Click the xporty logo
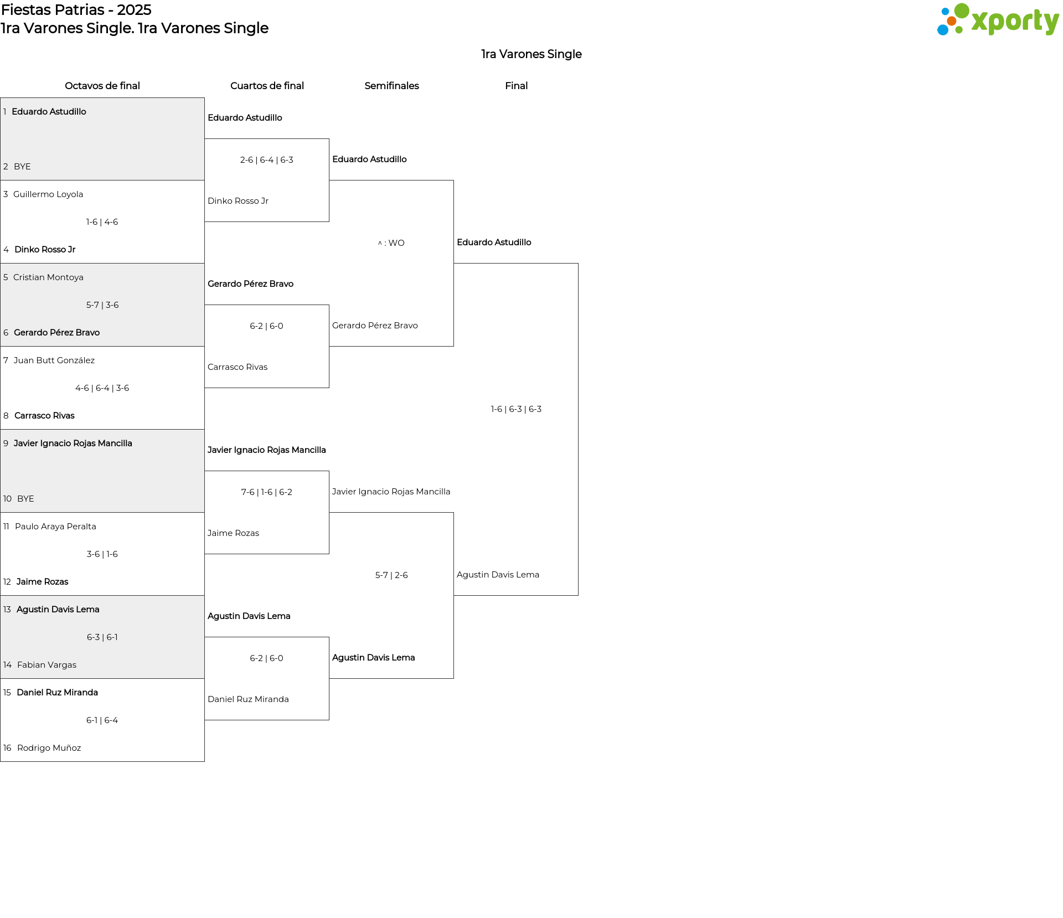pyautogui.click(x=998, y=20)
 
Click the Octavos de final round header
pyautogui.click(x=102, y=86)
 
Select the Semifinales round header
pyautogui.click(x=391, y=86)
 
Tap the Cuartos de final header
pyautogui.click(x=267, y=86)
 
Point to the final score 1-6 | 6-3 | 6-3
pyautogui.click(x=516, y=409)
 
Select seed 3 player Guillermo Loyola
pyautogui.click(x=48, y=194)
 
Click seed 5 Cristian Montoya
pyautogui.click(x=48, y=277)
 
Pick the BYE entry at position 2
pyautogui.click(x=22, y=167)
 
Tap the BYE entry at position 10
pyautogui.click(x=25, y=499)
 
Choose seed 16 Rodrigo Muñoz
pyautogui.click(x=49, y=748)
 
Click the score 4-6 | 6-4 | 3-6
pyautogui.click(x=102, y=388)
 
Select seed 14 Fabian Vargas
pyautogui.click(x=47, y=665)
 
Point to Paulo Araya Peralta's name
pyautogui.click(x=55, y=527)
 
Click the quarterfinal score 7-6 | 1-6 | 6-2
pyautogui.click(x=267, y=492)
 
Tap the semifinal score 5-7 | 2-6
pyautogui.click(x=391, y=575)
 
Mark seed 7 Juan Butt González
pyautogui.click(x=54, y=360)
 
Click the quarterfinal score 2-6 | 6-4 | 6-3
pyautogui.click(x=267, y=160)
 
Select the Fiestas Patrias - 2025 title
pyautogui.click(x=76, y=10)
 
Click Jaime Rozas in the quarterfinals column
pyautogui.click(x=233, y=533)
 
